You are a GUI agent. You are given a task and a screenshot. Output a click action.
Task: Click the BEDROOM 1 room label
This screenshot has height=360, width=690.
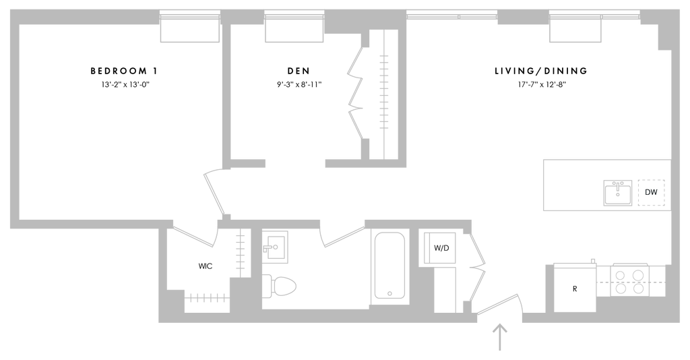click(124, 71)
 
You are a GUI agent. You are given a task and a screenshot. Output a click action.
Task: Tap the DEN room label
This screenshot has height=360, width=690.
click(299, 71)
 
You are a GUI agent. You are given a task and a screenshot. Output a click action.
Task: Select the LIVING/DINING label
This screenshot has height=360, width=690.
click(541, 71)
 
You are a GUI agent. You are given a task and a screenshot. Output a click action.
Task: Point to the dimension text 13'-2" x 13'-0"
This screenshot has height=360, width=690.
click(126, 84)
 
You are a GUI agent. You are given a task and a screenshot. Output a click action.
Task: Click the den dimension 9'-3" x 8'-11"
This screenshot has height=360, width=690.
click(299, 84)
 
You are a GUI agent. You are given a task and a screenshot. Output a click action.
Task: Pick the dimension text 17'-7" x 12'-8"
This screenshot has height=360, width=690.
click(542, 84)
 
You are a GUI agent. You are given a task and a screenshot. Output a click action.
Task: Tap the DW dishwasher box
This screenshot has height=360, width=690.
click(652, 192)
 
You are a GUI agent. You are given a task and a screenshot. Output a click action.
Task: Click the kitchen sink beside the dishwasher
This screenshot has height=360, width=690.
click(618, 193)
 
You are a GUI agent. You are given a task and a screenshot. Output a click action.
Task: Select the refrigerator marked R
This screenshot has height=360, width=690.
click(575, 287)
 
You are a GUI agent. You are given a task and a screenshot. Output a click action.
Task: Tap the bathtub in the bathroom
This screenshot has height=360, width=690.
click(389, 266)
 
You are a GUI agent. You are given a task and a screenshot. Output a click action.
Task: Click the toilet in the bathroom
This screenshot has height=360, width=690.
click(279, 286)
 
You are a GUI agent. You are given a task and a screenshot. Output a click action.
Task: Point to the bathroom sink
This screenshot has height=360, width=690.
click(275, 247)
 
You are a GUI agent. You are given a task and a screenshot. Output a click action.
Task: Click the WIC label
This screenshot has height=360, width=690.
click(206, 266)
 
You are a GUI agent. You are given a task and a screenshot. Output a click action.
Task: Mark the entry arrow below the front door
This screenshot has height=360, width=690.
click(500, 338)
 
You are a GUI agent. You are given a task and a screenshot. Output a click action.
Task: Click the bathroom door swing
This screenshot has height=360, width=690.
click(342, 234)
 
